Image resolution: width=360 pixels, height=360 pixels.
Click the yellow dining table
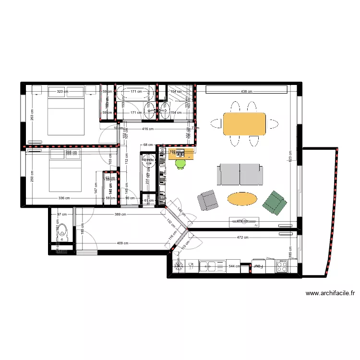[244, 124]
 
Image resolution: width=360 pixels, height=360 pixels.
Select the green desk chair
[181, 163]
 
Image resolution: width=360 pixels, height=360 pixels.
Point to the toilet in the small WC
[63, 231]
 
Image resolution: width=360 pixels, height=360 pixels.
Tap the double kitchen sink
[212, 265]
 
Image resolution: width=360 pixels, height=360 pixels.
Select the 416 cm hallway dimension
[148, 129]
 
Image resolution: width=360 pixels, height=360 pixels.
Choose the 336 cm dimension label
[64, 198]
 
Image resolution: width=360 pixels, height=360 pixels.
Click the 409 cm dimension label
[122, 243]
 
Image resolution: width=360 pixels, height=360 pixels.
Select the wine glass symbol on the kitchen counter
[191, 264]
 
